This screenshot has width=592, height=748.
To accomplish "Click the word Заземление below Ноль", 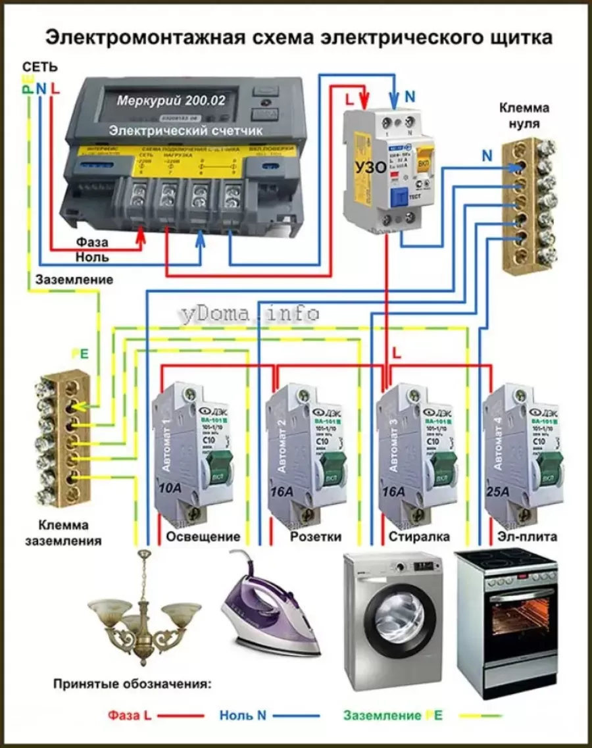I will (x=74, y=280).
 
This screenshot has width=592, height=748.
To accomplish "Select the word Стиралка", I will (x=419, y=537).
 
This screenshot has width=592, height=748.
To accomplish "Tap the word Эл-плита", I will (x=527, y=537).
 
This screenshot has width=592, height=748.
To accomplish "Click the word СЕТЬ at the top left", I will (x=40, y=67).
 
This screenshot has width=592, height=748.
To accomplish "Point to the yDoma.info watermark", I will (x=248, y=314).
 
